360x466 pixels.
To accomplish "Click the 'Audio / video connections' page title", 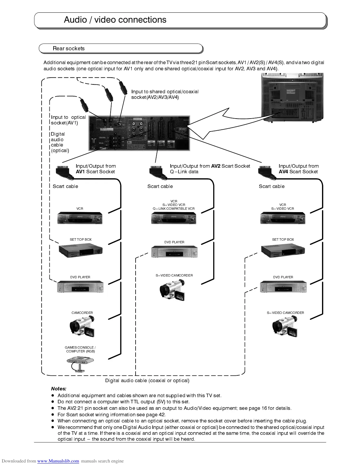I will pos(115,20).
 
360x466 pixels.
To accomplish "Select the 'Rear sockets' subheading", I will pos(69,49).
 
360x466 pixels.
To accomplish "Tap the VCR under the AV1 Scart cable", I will pos(80,218).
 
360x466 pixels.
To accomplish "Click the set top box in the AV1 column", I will pos(81,251).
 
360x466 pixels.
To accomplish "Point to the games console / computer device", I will pos(80,363).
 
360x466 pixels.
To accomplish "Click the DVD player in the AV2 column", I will pos(174,252).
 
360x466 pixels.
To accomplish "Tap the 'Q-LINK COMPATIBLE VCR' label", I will pos(174,209).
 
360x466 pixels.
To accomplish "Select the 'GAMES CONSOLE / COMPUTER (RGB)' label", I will pos(80,349).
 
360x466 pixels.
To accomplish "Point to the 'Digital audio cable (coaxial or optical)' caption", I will pos(147,381).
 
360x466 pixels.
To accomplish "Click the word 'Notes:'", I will pos(59,389).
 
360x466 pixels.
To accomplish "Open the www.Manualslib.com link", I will pos(58,461).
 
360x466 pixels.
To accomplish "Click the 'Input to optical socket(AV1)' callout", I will pos(68,120).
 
